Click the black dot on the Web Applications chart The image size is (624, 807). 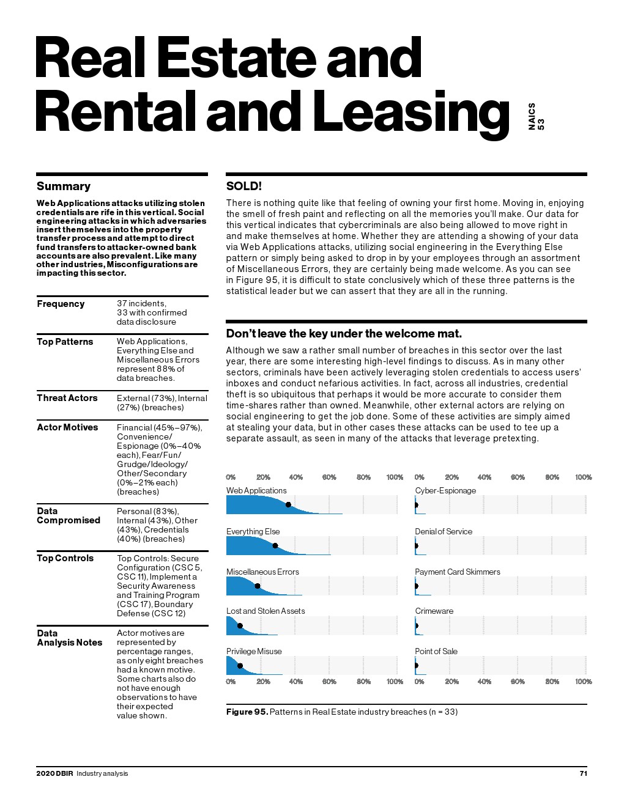288,504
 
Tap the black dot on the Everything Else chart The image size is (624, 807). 275,545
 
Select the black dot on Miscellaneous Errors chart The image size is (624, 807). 258,586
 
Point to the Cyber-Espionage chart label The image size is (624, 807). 445,490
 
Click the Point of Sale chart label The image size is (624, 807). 436,651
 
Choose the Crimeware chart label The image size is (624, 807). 434,611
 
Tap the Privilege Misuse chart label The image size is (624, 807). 254,651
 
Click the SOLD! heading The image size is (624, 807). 243,186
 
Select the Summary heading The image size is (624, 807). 63,186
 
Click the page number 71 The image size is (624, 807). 583,773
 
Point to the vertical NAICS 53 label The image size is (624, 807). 536,116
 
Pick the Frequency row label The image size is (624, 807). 61,304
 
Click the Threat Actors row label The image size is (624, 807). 67,398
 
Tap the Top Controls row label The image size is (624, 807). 65,558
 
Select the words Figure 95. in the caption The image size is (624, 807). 247,712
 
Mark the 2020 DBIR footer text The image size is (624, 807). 54,773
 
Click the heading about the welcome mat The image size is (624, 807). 344,333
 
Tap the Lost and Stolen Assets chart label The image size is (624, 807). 265,611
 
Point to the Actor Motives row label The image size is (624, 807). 67,427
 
